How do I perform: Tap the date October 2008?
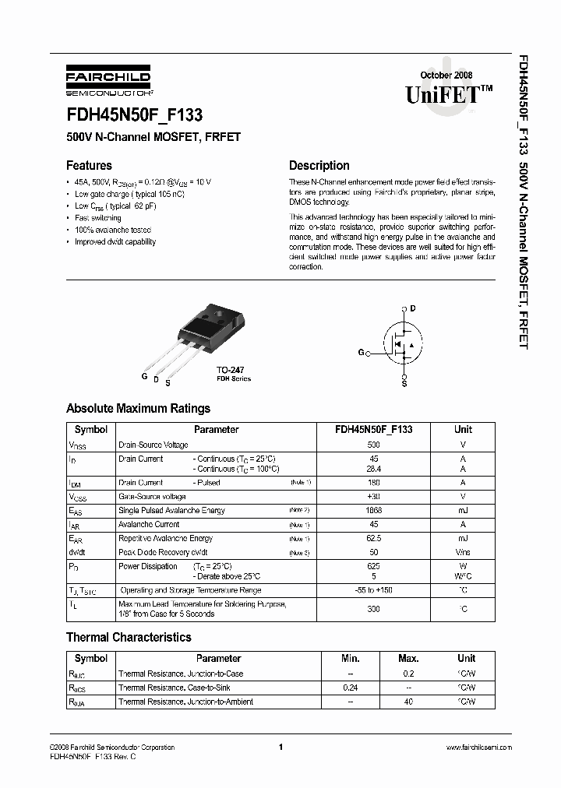446,75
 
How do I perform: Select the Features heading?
89,165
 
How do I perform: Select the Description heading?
319,165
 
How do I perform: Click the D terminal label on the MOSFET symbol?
413,308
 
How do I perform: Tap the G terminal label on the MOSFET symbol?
362,353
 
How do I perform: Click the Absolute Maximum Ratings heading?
138,408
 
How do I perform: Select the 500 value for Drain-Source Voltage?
373,445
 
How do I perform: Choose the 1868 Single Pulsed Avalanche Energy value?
373,510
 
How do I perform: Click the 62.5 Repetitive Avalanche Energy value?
373,538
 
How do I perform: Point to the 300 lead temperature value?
373,609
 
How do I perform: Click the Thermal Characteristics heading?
129,637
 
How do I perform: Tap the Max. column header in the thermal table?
408,658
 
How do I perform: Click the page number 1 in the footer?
280,748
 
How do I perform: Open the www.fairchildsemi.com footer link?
478,748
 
